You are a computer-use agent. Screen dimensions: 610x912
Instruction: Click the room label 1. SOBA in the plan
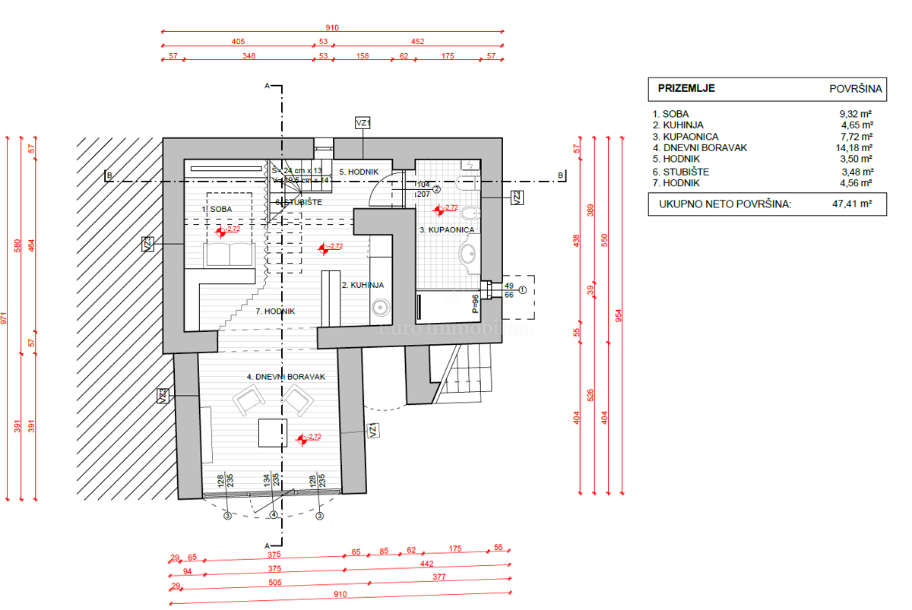[x=217, y=209]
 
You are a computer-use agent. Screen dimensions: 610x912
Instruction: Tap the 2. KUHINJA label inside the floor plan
[x=363, y=286]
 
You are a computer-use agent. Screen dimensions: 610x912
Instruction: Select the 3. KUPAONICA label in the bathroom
[x=447, y=229]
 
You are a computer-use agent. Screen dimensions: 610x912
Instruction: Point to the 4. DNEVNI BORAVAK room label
[x=286, y=377]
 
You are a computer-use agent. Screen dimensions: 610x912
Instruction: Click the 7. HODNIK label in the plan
[x=275, y=311]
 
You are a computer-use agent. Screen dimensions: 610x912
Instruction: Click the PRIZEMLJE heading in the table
[x=686, y=88]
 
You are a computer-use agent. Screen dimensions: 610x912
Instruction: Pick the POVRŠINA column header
[x=855, y=89]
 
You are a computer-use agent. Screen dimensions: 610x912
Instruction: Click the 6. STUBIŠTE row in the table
[x=680, y=172]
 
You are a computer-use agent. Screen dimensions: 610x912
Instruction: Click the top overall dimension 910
[x=331, y=27]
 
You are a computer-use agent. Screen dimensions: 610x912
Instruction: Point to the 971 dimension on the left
[x=6, y=319]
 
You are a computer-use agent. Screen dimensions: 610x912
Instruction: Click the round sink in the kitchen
[x=380, y=307]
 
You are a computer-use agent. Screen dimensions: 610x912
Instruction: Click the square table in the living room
[x=272, y=434]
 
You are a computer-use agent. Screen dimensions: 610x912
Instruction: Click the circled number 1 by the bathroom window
[x=522, y=289]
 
